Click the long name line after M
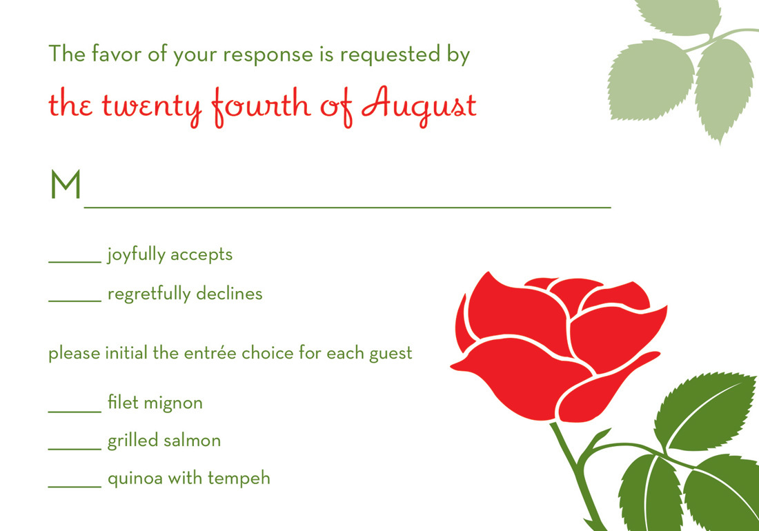pos(348,208)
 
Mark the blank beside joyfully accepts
pos(75,263)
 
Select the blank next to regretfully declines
pos(75,301)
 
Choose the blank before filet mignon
pos(75,412)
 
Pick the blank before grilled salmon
pos(75,449)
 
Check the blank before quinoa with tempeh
pos(75,486)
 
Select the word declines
pos(230,294)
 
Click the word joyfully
pos(136,255)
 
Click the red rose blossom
pos(557,345)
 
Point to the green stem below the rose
pos(577,474)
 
